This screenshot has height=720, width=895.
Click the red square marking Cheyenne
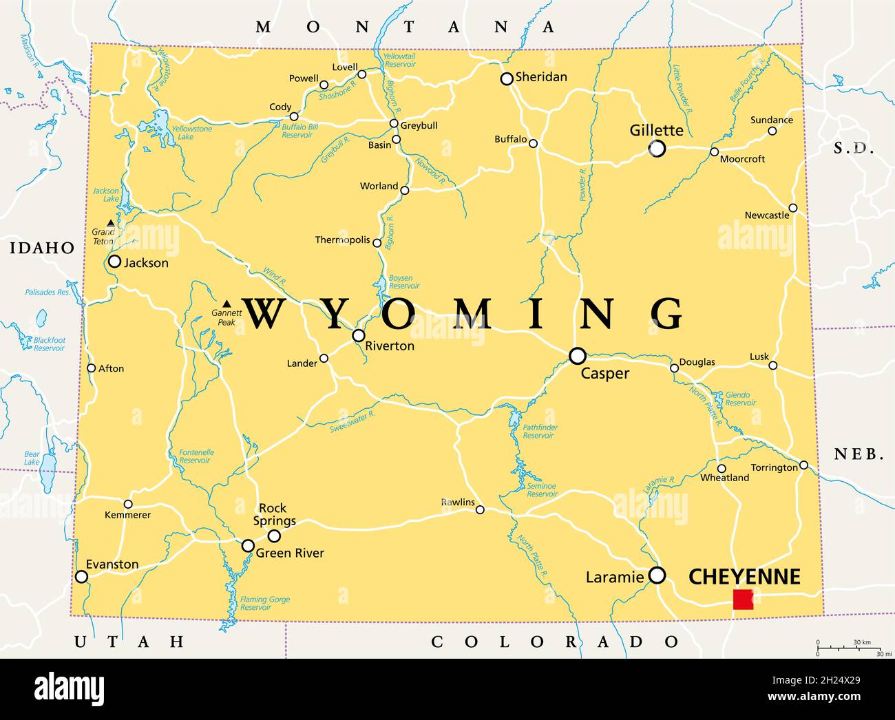point(743,600)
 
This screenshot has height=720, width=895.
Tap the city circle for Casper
point(578,356)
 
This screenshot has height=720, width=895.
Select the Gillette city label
point(657,130)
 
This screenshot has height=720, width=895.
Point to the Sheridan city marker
point(507,79)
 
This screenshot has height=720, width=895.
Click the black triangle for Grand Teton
point(111,223)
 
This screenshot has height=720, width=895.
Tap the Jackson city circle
point(115,262)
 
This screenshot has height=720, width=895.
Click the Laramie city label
point(614,578)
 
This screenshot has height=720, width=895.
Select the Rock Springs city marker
point(274,536)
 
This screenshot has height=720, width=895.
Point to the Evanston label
point(113,564)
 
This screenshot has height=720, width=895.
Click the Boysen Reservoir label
point(404,282)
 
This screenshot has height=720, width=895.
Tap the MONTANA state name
point(405,28)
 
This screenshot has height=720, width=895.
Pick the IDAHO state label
point(42,248)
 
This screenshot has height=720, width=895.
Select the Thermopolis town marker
point(377,242)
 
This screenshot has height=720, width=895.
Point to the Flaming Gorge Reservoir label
point(264,604)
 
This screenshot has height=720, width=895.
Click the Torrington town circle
point(803,465)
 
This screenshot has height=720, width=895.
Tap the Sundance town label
point(771,120)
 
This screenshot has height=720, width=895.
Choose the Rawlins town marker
point(480,510)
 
